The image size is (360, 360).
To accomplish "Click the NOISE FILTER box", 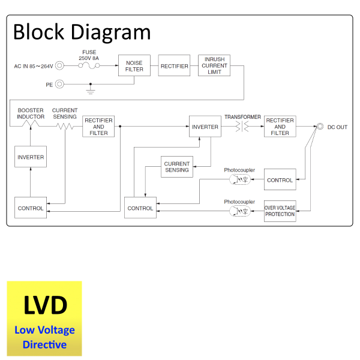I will (x=134, y=65).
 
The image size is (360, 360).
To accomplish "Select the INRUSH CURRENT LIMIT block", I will (x=214, y=65).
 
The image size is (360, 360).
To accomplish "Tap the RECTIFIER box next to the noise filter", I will (x=174, y=66).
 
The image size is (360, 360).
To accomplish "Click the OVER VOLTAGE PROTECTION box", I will (x=280, y=211).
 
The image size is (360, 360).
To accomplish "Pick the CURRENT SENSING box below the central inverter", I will (x=176, y=167).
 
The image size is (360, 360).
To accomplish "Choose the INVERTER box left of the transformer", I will (x=205, y=127).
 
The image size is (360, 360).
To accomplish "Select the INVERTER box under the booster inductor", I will (x=31, y=157).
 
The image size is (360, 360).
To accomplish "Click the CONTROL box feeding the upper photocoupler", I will (x=280, y=180).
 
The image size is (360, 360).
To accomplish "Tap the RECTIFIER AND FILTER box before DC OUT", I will (x=280, y=127).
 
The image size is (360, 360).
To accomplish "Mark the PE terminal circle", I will (x=60, y=85).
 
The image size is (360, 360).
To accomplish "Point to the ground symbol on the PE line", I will (x=91, y=90).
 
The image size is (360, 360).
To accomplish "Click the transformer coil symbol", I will (x=243, y=127).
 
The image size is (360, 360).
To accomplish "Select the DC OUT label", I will (x=337, y=127).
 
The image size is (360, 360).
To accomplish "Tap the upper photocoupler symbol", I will (x=242, y=180).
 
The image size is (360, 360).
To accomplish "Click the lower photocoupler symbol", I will (x=242, y=211).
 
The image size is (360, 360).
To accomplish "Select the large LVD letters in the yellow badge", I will (x=44, y=305).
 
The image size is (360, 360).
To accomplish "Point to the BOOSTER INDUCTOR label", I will (x=31, y=113).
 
